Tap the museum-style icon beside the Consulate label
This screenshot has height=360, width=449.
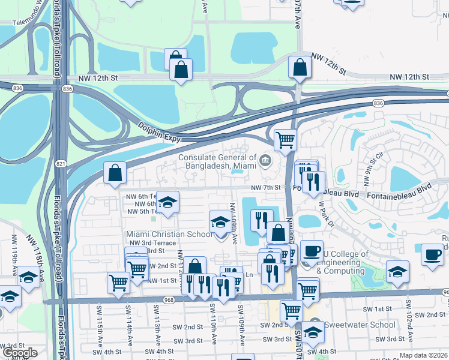click(265, 160)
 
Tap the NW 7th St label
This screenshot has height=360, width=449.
click(265, 188)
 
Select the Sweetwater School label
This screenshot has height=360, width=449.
click(360, 325)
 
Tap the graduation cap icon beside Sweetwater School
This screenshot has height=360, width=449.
click(313, 332)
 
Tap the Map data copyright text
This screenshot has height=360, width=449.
click(424, 356)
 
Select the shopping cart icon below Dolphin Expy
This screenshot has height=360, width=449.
click(286, 140)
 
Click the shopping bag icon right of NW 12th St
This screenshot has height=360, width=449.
click(300, 68)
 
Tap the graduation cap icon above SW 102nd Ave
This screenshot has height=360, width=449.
click(397, 271)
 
